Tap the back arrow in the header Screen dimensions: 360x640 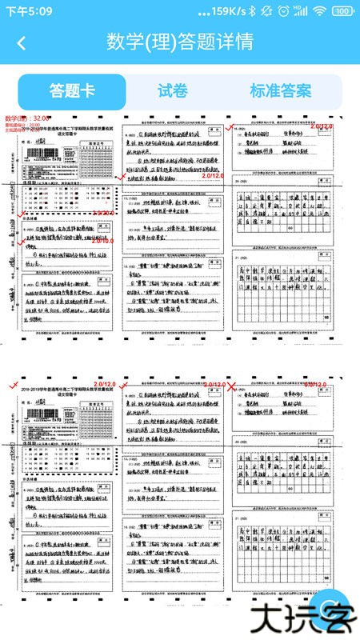coord(22,42)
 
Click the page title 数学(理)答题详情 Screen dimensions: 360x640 coord(180,42)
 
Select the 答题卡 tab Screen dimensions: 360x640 coord(72,91)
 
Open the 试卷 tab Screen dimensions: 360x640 coord(173,91)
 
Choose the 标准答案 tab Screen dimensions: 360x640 coord(280,91)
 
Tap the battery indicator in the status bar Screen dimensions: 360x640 coord(343,11)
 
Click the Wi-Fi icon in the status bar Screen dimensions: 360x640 coord(319,11)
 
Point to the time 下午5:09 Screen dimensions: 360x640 coord(30,11)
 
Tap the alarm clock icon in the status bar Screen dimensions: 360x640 coord(284,11)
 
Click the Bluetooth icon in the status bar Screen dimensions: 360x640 coord(251,11)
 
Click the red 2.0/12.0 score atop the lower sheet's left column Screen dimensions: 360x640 coord(104,386)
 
